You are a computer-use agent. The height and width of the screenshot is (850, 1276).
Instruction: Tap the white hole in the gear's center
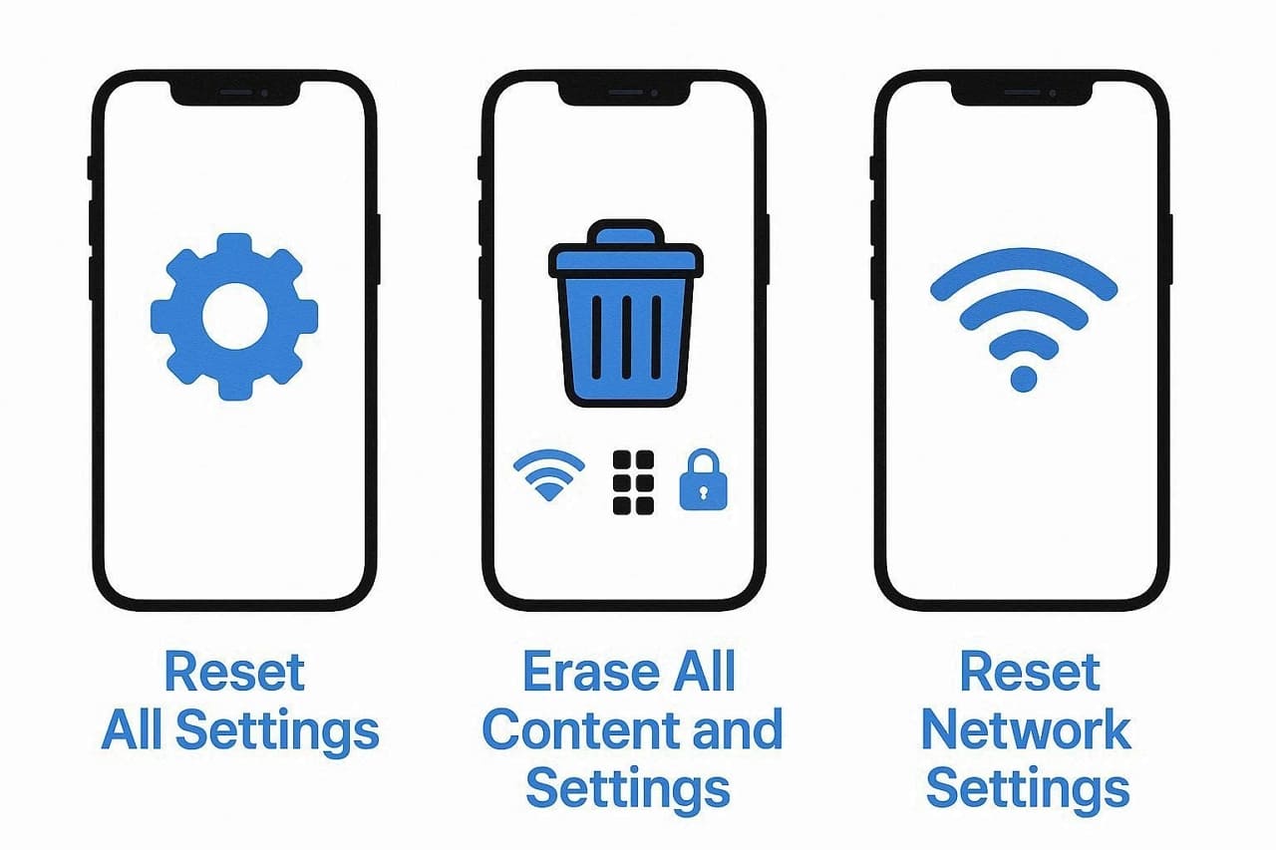pyautogui.click(x=234, y=317)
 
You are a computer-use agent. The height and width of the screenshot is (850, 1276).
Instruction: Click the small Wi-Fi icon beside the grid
pyautogui.click(x=548, y=477)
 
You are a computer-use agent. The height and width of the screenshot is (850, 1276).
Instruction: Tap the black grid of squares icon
pyautogui.click(x=633, y=482)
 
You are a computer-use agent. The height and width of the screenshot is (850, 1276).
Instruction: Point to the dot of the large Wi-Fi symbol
pyautogui.click(x=1024, y=378)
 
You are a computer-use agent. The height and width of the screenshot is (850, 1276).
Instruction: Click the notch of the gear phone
pyautogui.click(x=234, y=92)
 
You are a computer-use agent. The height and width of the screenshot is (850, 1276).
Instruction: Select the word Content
pyautogui.click(x=582, y=730)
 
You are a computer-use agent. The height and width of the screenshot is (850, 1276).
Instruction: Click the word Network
pyautogui.click(x=1026, y=730)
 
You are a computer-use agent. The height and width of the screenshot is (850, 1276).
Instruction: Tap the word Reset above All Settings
pyautogui.click(x=234, y=673)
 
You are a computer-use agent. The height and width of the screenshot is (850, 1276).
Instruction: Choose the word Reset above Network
pyautogui.click(x=1029, y=673)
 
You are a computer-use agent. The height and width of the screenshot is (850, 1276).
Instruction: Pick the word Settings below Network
pyautogui.click(x=1028, y=788)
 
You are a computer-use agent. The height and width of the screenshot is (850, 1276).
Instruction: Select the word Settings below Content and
pyautogui.click(x=628, y=788)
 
